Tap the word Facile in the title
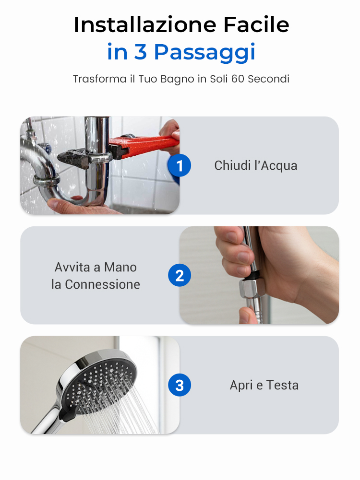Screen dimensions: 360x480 pyautogui.click(x=256, y=24)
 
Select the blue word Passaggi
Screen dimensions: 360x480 pyautogui.click(x=204, y=53)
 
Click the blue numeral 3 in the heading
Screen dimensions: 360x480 pyautogui.click(x=140, y=51)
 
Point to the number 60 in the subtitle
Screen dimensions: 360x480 pyautogui.click(x=238, y=79)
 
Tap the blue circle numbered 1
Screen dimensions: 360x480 pyautogui.click(x=180, y=165)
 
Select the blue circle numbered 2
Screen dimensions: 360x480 pyautogui.click(x=180, y=275)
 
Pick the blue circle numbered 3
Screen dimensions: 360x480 pyautogui.click(x=180, y=385)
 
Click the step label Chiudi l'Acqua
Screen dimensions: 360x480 pyautogui.click(x=256, y=165)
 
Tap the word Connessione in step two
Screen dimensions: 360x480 pyautogui.click(x=102, y=284)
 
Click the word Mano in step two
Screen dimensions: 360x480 pyautogui.click(x=120, y=267)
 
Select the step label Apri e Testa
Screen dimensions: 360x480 pyautogui.click(x=264, y=385)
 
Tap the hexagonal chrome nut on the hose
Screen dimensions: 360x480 pyautogui.click(x=252, y=288)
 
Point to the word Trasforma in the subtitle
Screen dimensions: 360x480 pyautogui.click(x=99, y=79)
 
